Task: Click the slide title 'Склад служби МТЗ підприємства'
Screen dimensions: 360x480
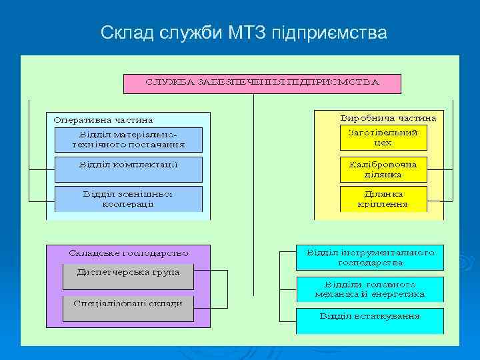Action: pos(243,32)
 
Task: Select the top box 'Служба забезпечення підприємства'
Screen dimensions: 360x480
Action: pos(262,83)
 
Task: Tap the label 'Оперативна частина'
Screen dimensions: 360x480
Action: pos(103,121)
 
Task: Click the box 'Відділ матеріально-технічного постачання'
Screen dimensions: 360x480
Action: pos(128,139)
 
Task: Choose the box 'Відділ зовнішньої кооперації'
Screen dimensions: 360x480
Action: pos(128,199)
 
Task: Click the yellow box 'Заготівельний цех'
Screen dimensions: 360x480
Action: pos(383,138)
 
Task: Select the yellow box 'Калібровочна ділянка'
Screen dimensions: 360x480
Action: pos(383,169)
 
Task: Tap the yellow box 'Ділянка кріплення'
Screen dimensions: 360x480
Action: pos(383,199)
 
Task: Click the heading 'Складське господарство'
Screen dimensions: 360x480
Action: pos(129,253)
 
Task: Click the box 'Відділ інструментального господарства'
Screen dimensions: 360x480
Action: pos(370,258)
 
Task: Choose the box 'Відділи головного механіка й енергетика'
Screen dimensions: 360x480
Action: pos(370,289)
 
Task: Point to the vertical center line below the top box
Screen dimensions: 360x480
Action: pos(253,167)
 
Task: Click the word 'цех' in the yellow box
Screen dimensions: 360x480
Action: pos(383,143)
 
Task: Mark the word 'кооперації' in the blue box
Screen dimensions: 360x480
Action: pos(128,204)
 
